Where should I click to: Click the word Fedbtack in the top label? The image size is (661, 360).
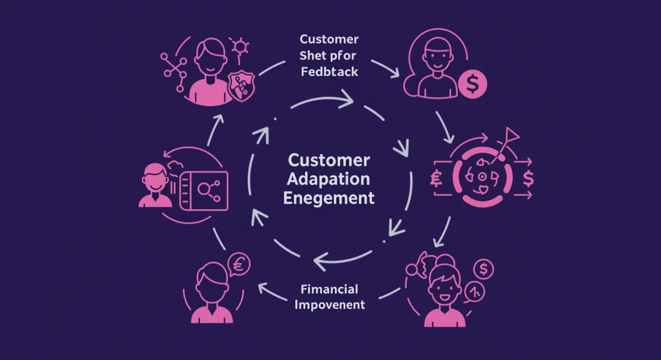pos(329,72)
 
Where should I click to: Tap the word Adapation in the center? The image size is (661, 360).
pos(329,179)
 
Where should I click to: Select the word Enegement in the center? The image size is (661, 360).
pos(329,198)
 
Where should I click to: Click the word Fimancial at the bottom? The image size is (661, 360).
pos(329,289)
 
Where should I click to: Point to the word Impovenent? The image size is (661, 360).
pos(329,304)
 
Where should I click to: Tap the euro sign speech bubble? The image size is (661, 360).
pos(238,265)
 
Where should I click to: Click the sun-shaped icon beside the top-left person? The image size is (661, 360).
pos(240,46)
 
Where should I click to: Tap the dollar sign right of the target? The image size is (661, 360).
pos(529,178)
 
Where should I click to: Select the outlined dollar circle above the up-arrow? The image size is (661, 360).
pos(484,269)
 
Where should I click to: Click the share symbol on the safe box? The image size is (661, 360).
pos(208,190)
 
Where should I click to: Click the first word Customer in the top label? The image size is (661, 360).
pos(329,40)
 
